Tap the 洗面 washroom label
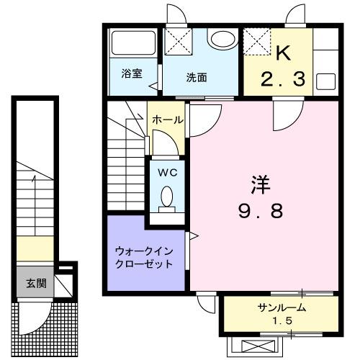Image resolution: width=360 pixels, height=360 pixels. point(197,78)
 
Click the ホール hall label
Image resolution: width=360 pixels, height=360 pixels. point(168,120)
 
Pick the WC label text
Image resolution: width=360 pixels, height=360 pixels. point(167,173)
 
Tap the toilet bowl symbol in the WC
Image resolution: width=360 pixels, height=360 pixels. point(167,196)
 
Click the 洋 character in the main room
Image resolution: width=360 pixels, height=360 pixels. point(260,184)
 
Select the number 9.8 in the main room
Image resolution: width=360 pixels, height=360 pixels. point(261,211)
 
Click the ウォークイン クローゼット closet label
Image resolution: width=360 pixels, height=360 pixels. point(144,257)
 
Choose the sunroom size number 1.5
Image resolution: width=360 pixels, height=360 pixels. point(283,320)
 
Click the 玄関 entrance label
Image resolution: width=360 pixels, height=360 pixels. point(36,283)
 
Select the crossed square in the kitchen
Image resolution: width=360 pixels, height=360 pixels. point(256,41)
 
